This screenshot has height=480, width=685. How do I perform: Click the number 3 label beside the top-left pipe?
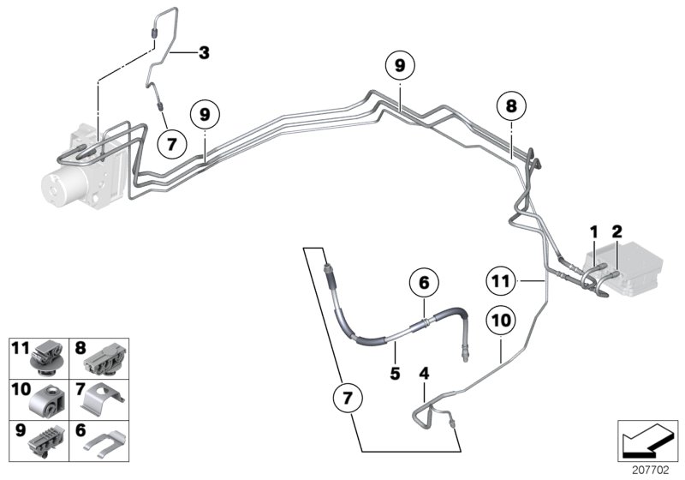[203, 53]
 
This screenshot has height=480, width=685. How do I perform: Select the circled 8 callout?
[510, 107]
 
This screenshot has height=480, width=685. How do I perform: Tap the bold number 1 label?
[592, 231]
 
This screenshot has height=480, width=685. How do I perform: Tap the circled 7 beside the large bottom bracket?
[347, 399]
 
